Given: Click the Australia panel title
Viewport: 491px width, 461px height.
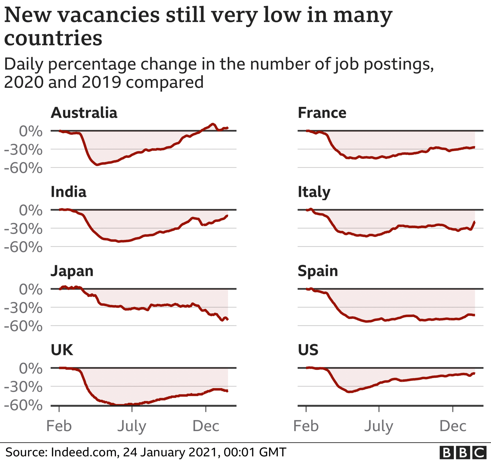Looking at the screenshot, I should (84, 113).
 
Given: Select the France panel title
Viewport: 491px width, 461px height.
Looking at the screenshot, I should (322, 113).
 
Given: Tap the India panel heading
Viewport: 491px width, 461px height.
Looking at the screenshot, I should (68, 192).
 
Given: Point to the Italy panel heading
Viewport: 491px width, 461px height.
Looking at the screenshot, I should (314, 193).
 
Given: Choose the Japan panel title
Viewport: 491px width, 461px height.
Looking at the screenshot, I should (72, 271).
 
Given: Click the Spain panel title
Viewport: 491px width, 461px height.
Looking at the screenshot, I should (318, 271).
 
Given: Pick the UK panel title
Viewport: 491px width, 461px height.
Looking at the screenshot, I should (62, 350).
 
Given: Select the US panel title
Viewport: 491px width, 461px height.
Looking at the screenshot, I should (308, 350).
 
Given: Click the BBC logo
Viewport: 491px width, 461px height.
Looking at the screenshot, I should (463, 453).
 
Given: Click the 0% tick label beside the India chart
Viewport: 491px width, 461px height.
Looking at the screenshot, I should (31, 211).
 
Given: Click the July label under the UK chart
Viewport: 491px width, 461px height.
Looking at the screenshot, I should (132, 426).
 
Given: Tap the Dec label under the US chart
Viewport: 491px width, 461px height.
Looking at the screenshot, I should (453, 426).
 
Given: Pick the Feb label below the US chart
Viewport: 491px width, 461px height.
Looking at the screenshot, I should (306, 426).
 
